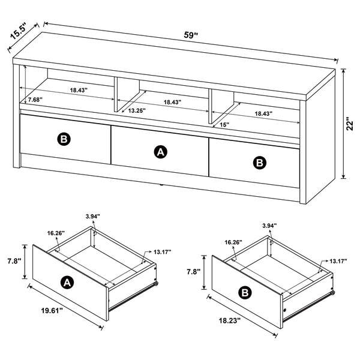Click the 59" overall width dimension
coord(191,35)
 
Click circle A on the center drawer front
coord(160,152)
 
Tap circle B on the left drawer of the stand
coord(64,139)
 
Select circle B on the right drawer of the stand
coord(259,161)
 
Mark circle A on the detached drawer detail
coord(67,282)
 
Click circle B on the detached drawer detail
coord(244,293)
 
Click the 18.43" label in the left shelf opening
coord(78,90)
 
